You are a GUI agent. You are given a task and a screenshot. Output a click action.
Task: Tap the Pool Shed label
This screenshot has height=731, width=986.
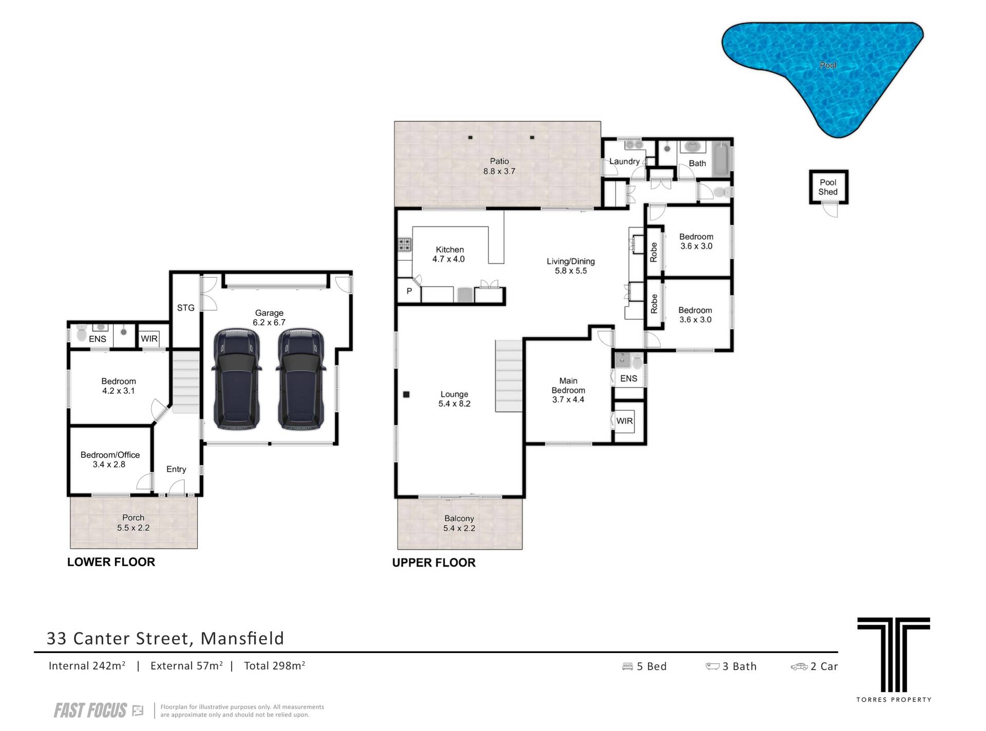[x=828, y=187]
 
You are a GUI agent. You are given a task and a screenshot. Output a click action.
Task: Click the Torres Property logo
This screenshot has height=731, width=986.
[x=894, y=659]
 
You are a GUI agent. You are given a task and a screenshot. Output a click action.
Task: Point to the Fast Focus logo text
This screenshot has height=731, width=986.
[x=90, y=710]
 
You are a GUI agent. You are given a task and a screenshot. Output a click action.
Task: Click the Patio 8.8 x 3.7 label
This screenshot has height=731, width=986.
[x=499, y=166]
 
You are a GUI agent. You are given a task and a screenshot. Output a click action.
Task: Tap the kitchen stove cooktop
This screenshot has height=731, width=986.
[x=404, y=245]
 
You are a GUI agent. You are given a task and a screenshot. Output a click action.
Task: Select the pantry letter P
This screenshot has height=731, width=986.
[x=409, y=291]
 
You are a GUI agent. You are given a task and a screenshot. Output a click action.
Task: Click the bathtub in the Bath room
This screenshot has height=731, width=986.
[x=722, y=159]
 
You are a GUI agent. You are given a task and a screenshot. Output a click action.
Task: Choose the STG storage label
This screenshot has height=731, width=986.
[x=186, y=308]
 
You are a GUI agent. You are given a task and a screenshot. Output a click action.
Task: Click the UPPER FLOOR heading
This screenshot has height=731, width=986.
[x=434, y=563]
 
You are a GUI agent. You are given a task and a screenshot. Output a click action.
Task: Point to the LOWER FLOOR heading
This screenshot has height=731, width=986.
[x=111, y=562]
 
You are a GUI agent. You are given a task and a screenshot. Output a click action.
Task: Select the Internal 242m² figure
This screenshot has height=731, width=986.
[x=87, y=666]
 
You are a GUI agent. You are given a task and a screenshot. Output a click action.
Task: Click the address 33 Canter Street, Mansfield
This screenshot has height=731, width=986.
[x=165, y=638]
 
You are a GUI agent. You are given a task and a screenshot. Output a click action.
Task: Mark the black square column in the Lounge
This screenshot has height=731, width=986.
[x=406, y=394]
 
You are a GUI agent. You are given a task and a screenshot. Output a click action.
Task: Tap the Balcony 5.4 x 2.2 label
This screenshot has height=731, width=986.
[x=459, y=524]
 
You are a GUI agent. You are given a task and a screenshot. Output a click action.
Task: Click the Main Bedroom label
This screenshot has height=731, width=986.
[x=568, y=390]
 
